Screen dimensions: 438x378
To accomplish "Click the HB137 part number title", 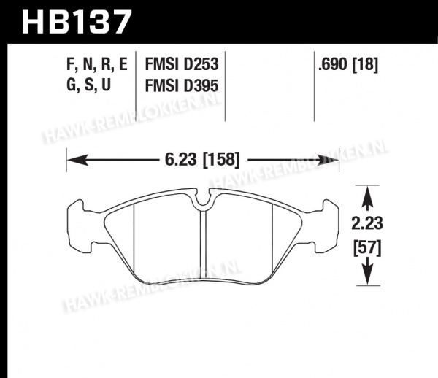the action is [x=76, y=22].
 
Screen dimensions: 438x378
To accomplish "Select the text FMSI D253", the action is [x=182, y=64].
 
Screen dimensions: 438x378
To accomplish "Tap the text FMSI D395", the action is [x=182, y=85].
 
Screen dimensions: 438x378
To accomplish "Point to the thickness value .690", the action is [x=332, y=64].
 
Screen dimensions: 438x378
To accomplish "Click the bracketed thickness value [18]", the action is [x=366, y=65].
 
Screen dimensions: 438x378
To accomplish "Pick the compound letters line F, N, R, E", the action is [x=97, y=65].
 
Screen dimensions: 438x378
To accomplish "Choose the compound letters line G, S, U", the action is [x=89, y=85].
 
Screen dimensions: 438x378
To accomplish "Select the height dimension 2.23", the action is [x=367, y=223].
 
